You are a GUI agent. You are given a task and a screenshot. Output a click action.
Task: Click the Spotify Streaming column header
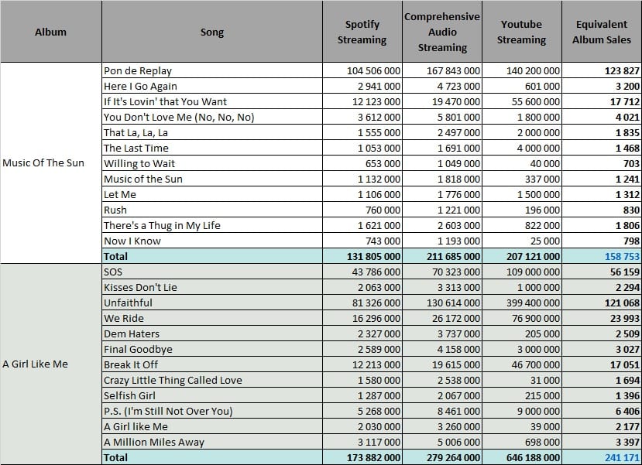click(x=362, y=32)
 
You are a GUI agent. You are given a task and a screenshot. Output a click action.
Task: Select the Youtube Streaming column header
click(x=521, y=32)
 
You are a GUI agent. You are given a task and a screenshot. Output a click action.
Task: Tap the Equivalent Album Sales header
click(x=602, y=32)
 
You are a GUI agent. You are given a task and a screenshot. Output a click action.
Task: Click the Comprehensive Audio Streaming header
click(x=442, y=32)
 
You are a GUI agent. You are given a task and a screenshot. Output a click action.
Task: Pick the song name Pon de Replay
click(x=138, y=70)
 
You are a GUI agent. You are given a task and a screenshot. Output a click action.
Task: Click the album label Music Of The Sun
click(x=43, y=162)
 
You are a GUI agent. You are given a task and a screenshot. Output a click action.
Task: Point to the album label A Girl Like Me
click(x=35, y=364)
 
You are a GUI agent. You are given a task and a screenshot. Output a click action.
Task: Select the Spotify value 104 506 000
click(x=373, y=70)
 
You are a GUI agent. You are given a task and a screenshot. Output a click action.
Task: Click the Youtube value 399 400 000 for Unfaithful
click(x=533, y=303)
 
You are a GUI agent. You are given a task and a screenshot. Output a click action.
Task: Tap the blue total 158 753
click(x=622, y=256)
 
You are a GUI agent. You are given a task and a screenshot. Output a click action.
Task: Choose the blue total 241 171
click(x=622, y=457)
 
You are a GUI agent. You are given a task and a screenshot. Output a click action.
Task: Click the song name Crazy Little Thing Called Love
click(x=173, y=381)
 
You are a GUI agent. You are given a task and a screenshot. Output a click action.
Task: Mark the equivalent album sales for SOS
click(x=624, y=272)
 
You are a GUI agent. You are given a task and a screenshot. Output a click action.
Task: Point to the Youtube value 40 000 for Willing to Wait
click(x=544, y=163)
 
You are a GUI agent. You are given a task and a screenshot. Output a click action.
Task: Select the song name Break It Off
click(x=131, y=364)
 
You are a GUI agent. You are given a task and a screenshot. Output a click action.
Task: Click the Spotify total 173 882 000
click(x=373, y=457)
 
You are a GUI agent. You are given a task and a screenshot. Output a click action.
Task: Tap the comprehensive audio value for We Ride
click(x=455, y=319)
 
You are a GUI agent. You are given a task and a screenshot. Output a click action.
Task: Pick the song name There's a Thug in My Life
click(x=162, y=225)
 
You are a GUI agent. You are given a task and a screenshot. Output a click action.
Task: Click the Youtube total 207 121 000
click(x=533, y=256)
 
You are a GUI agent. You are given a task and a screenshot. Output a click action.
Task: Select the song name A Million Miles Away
click(x=154, y=442)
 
